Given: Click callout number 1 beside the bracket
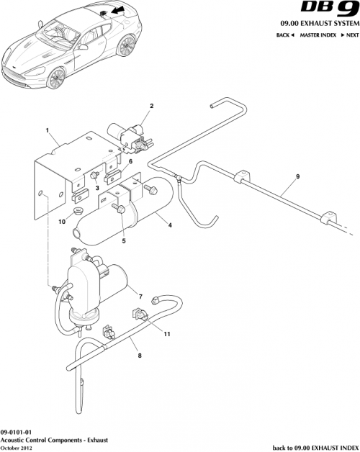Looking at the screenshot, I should tap(47, 131).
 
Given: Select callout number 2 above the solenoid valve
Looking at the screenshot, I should tap(151, 107).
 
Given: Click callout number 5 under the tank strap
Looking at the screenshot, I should tap(123, 241).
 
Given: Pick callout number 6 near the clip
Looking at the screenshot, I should tap(130, 162).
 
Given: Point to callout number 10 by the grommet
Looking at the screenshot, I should tap(61, 222).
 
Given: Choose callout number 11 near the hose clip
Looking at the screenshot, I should tap(166, 333).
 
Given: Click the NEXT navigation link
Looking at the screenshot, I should tap(350, 35).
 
